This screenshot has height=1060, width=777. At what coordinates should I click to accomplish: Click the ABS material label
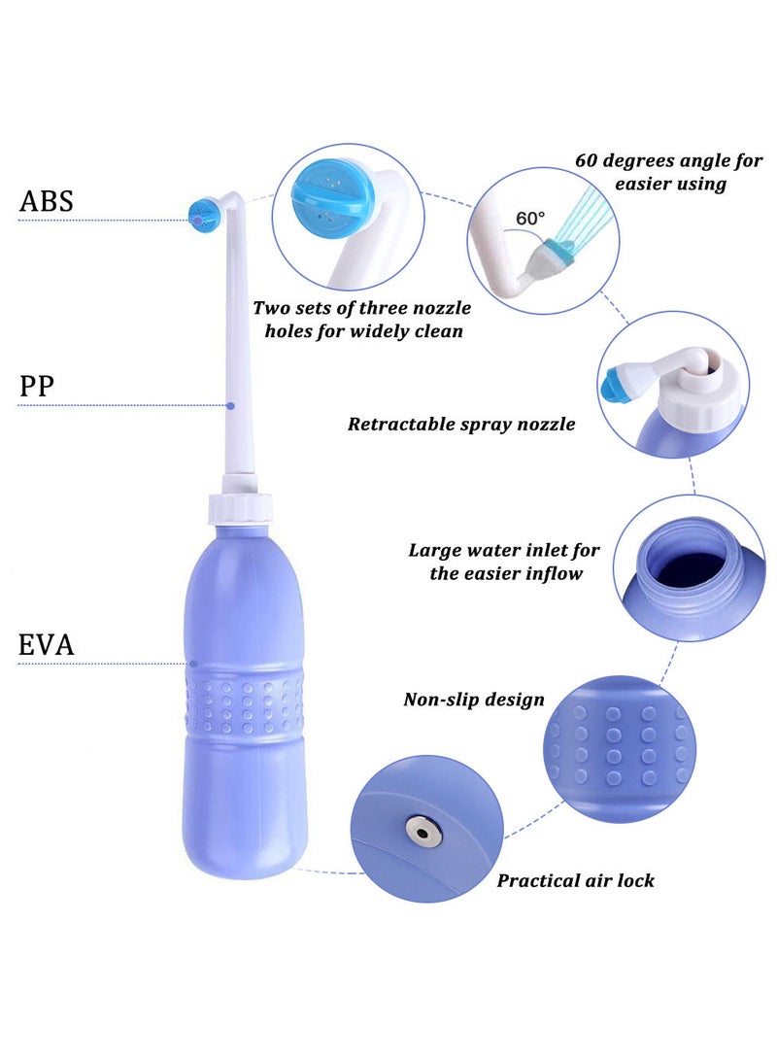(x=47, y=201)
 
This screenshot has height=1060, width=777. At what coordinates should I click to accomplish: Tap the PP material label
(x=37, y=387)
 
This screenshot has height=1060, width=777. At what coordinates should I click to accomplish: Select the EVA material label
(x=47, y=644)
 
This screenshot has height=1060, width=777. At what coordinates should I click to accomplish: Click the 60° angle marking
(x=530, y=219)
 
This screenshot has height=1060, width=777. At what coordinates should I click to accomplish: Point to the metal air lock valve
(x=421, y=830)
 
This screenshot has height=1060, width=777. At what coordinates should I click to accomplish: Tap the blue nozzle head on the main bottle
(x=203, y=213)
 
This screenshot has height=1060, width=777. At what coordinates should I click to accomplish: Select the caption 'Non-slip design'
(x=474, y=700)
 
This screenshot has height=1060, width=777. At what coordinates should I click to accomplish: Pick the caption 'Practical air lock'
(x=575, y=880)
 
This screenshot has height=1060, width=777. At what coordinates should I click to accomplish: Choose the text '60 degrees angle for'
(x=668, y=160)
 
